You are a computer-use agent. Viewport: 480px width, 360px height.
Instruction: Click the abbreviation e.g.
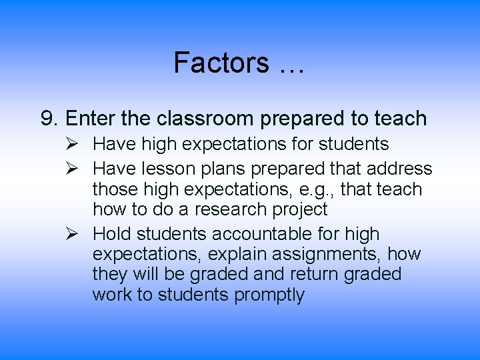[319, 190]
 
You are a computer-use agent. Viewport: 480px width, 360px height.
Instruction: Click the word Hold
[115, 234]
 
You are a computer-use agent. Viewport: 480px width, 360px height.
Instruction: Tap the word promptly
[269, 295]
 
